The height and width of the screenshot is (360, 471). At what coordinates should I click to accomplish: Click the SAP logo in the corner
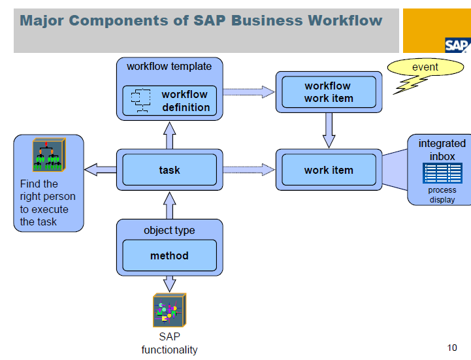pyautogui.click(x=457, y=45)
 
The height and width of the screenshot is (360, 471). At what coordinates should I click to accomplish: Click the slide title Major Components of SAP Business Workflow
pyautogui.click(x=201, y=20)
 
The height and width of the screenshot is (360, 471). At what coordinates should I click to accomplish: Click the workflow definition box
pyautogui.click(x=169, y=101)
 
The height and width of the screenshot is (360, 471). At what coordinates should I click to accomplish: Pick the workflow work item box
pyautogui.click(x=329, y=92)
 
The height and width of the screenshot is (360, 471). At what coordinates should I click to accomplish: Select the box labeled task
pyautogui.click(x=169, y=170)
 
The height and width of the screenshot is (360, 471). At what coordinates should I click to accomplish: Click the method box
pyautogui.click(x=169, y=255)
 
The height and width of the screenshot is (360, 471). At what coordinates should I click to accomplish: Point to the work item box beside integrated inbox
pyautogui.click(x=329, y=170)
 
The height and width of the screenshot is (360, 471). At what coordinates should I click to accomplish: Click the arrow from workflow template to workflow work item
pyautogui.click(x=249, y=92)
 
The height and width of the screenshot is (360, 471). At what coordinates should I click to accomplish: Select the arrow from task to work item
pyautogui.click(x=249, y=170)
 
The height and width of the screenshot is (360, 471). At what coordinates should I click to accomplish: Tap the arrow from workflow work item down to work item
pyautogui.click(x=329, y=130)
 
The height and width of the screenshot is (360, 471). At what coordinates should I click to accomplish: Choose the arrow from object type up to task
pyautogui.click(x=169, y=205)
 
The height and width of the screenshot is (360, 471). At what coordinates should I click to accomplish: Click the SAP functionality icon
pyautogui.click(x=169, y=310)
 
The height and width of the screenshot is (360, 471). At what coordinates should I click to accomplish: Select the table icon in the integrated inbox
pyautogui.click(x=442, y=173)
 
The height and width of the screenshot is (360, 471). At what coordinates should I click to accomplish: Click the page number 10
pyautogui.click(x=452, y=348)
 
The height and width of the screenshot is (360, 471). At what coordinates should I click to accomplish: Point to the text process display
pyautogui.click(x=442, y=195)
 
